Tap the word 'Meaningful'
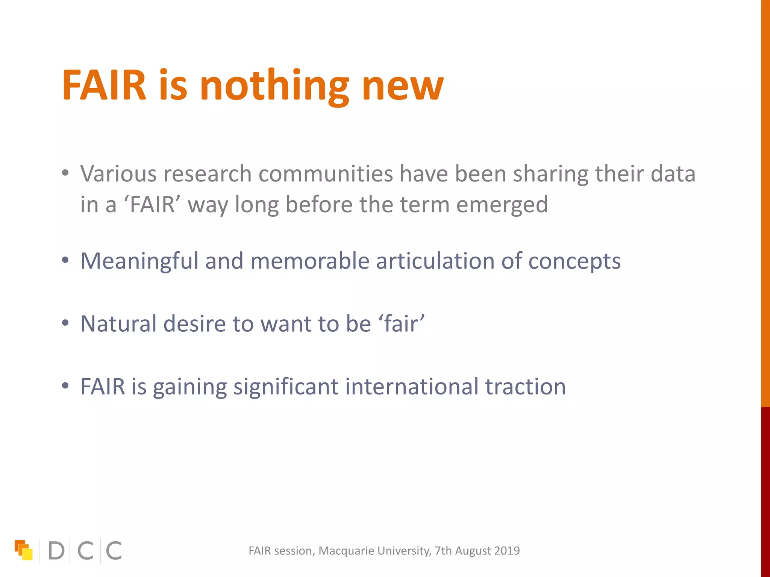click(x=139, y=261)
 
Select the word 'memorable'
click(x=310, y=261)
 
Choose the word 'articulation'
click(x=435, y=261)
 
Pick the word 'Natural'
click(x=118, y=323)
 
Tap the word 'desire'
click(x=194, y=323)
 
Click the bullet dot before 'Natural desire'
click(x=65, y=323)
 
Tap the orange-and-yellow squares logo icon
click(x=24, y=550)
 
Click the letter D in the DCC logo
click(x=56, y=551)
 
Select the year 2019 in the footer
click(x=507, y=551)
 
